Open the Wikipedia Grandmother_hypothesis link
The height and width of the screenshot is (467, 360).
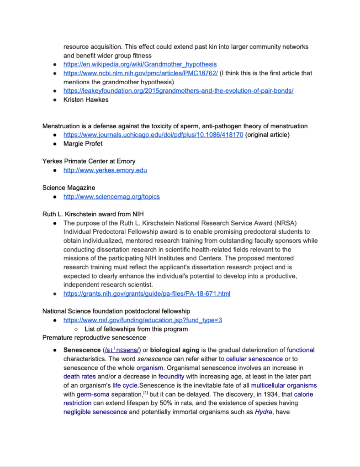pos(140,64)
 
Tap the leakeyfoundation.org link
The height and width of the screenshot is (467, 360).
pos(178,90)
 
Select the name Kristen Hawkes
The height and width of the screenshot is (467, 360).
pos(86,100)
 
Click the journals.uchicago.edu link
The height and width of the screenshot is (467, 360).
pos(154,135)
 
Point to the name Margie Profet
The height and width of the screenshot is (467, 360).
pos(83,144)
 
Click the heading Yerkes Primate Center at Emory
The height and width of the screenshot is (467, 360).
pos(89,161)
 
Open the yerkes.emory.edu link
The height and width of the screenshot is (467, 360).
pos(105,170)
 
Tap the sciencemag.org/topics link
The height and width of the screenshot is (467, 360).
pos(111,197)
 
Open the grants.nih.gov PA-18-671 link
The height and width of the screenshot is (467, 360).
pos(147,294)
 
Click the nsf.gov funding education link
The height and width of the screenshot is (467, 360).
pos(143,320)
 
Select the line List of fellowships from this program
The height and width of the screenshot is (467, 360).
pos(136,329)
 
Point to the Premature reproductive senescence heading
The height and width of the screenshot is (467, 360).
pos(94,338)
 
